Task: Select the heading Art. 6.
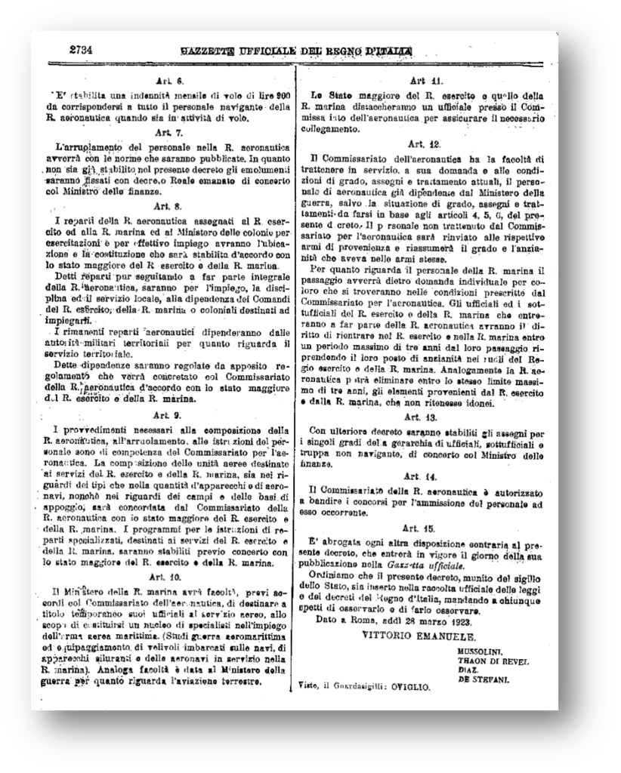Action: [x=167, y=81]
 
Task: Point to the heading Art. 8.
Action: [x=167, y=205]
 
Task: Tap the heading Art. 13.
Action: [x=425, y=417]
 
